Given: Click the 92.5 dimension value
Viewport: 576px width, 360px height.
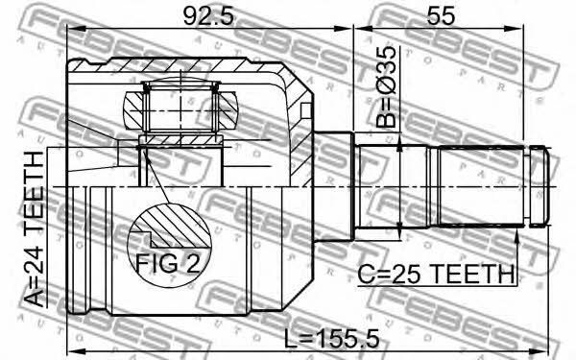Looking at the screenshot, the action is tap(208, 15).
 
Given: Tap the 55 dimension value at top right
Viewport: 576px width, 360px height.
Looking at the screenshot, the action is tap(441, 15).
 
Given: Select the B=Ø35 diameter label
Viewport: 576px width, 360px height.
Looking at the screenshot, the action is tap(387, 86).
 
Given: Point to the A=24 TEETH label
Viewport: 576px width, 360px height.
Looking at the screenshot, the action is tap(35, 229).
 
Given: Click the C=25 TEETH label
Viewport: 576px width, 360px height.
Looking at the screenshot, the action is tap(436, 274).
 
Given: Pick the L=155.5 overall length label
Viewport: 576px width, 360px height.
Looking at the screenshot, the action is tap(332, 338).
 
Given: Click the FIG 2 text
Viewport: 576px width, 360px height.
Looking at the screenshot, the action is tap(167, 263).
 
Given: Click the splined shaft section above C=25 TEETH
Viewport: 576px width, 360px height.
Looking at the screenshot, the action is tap(481, 186).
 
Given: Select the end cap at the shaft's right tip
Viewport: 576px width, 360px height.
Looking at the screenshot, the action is tap(540, 186).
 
